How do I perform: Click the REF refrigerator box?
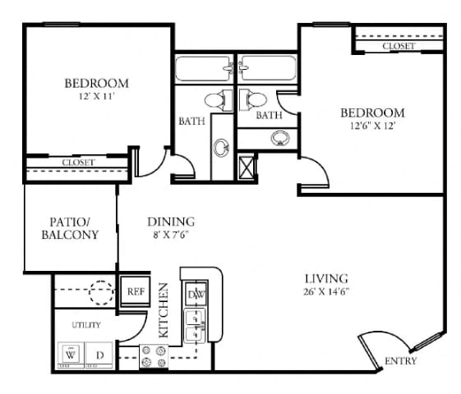(x=135, y=291)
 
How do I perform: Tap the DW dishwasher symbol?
(x=197, y=294)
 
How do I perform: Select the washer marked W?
(x=71, y=355)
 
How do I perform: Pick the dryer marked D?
(x=100, y=355)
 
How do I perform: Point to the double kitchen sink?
(x=196, y=324)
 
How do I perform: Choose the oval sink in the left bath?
(x=222, y=148)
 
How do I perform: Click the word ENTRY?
(x=400, y=361)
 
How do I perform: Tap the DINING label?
(x=170, y=222)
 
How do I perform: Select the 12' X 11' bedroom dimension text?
(x=96, y=97)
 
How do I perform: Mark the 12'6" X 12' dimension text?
(x=373, y=126)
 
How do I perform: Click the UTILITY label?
(x=85, y=325)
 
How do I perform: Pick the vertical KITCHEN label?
(x=164, y=311)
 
